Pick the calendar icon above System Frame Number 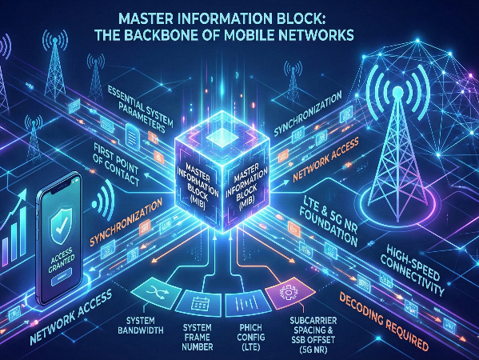(x=198, y=299)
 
